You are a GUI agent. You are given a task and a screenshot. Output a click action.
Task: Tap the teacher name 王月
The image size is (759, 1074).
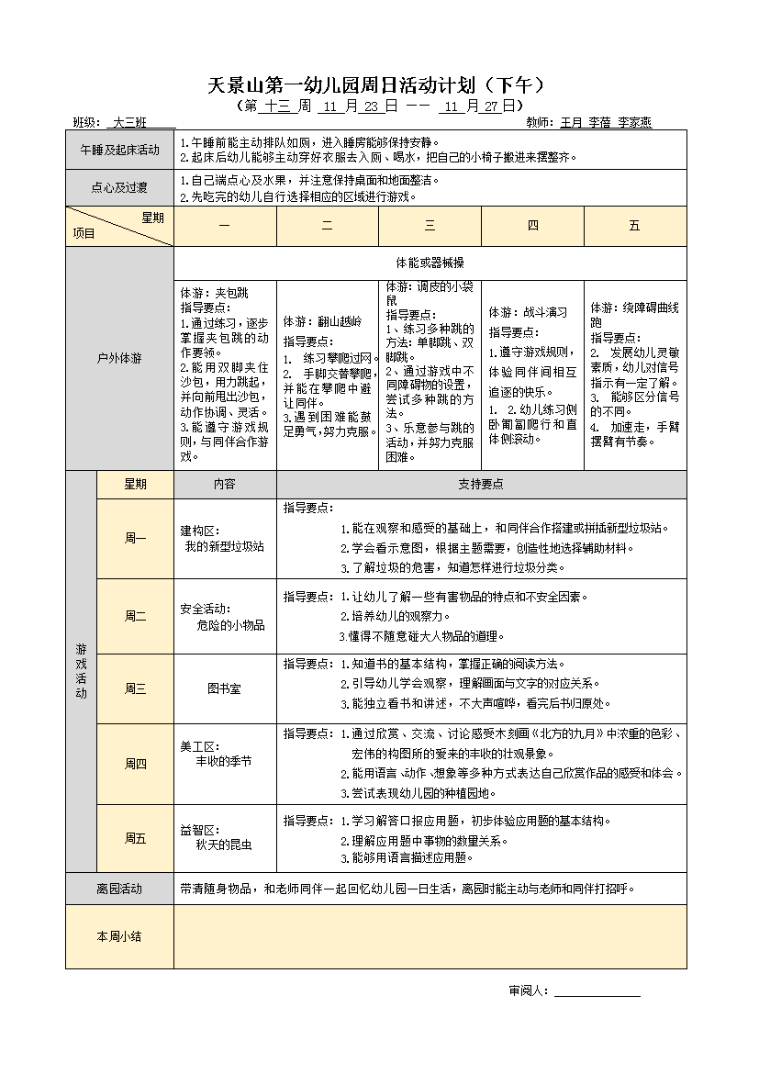pos(571,122)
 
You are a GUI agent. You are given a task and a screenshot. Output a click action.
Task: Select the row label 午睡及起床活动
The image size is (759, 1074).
pos(119,150)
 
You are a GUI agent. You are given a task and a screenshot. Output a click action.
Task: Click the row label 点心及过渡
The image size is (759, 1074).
pos(119,188)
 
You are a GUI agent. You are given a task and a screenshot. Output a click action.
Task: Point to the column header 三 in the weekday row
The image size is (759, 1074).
pos(430,226)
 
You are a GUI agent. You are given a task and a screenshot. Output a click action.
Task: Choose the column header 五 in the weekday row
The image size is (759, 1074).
pos(634,226)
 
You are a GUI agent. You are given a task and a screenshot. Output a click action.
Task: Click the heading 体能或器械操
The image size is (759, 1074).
pos(430,263)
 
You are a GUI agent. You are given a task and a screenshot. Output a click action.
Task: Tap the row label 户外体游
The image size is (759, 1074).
pos(119,359)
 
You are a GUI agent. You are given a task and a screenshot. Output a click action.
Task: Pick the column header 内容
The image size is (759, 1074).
pos(224,485)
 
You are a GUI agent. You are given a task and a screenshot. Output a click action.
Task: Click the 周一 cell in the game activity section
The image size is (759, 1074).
pos(135,539)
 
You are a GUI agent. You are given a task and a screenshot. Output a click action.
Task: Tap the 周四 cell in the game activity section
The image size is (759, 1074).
pos(135,764)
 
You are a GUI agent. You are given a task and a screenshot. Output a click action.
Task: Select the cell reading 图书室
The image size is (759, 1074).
pos(224,688)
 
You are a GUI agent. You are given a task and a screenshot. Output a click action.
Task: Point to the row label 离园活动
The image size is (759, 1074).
pos(119,889)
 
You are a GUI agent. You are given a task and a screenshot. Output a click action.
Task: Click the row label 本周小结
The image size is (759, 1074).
pos(119,936)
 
